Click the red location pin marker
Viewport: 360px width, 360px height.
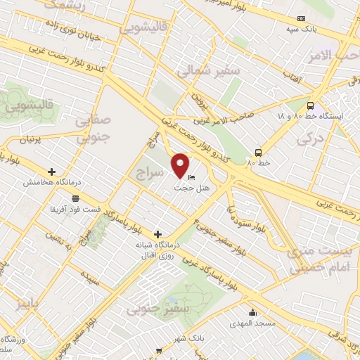tap(180, 165)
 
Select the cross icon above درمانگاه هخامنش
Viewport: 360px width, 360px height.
tap(52, 171)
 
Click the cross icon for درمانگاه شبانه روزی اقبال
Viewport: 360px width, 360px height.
tap(157, 233)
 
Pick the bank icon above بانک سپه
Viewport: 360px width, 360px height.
tap(301, 18)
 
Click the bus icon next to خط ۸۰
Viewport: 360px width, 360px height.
tap(259, 152)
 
